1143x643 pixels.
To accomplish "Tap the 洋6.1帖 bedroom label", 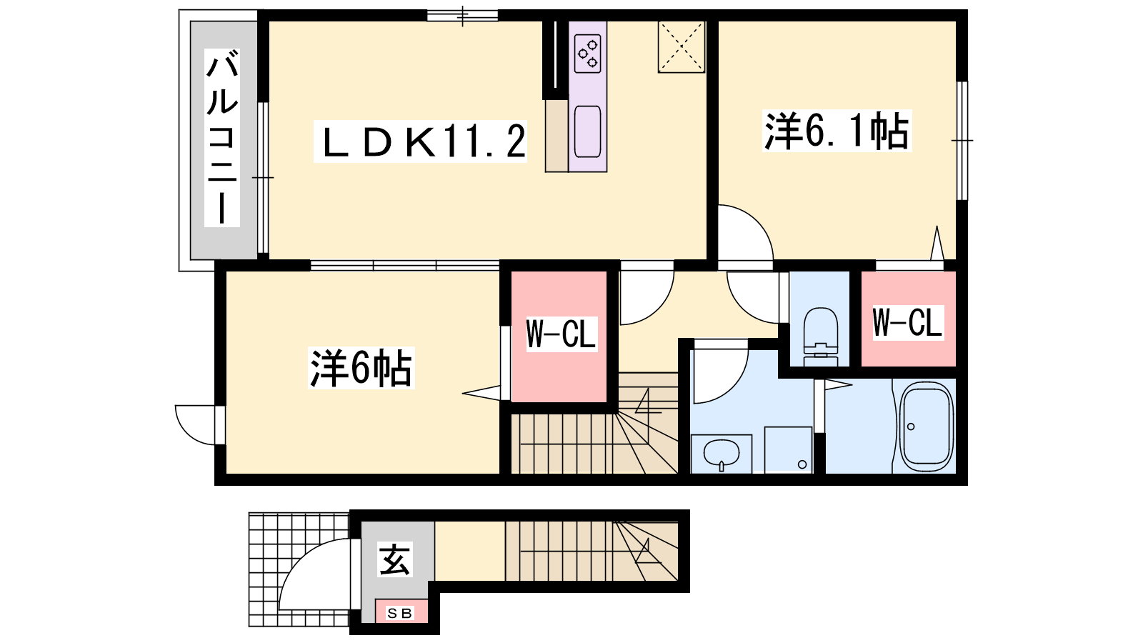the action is tap(837, 131).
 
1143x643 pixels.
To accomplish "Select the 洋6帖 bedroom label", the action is tap(361, 368).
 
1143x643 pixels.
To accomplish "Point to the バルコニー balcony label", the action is tap(222, 138).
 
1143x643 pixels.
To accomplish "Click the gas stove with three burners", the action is tap(587, 54).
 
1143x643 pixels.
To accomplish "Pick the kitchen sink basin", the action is tap(587, 131).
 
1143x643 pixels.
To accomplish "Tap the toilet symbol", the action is tap(820, 337).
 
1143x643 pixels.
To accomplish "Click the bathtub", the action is tap(926, 428).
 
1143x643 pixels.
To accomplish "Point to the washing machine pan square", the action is tap(789, 449).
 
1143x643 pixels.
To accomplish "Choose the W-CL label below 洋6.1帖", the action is tap(907, 322).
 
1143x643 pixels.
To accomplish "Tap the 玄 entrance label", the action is tap(394, 560).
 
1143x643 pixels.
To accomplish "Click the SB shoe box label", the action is tap(399, 614).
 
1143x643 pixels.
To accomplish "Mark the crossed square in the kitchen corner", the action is tap(682, 47).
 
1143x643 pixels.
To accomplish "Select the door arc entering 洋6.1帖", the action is tap(759, 221).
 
